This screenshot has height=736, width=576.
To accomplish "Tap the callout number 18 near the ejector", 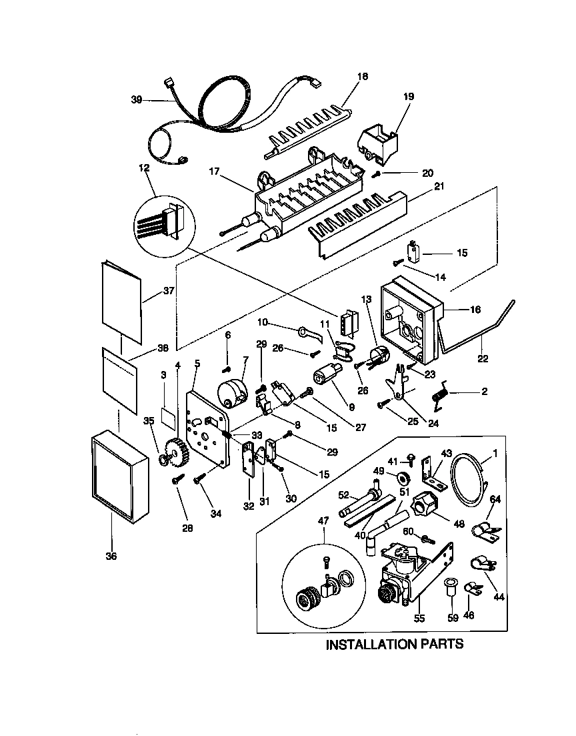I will pyautogui.click(x=363, y=77).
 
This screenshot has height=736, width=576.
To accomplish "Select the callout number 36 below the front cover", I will pyautogui.click(x=111, y=556).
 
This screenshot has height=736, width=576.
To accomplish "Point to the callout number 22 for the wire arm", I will pyautogui.click(x=483, y=358).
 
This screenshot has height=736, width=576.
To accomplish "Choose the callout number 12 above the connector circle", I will pyautogui.click(x=144, y=168).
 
